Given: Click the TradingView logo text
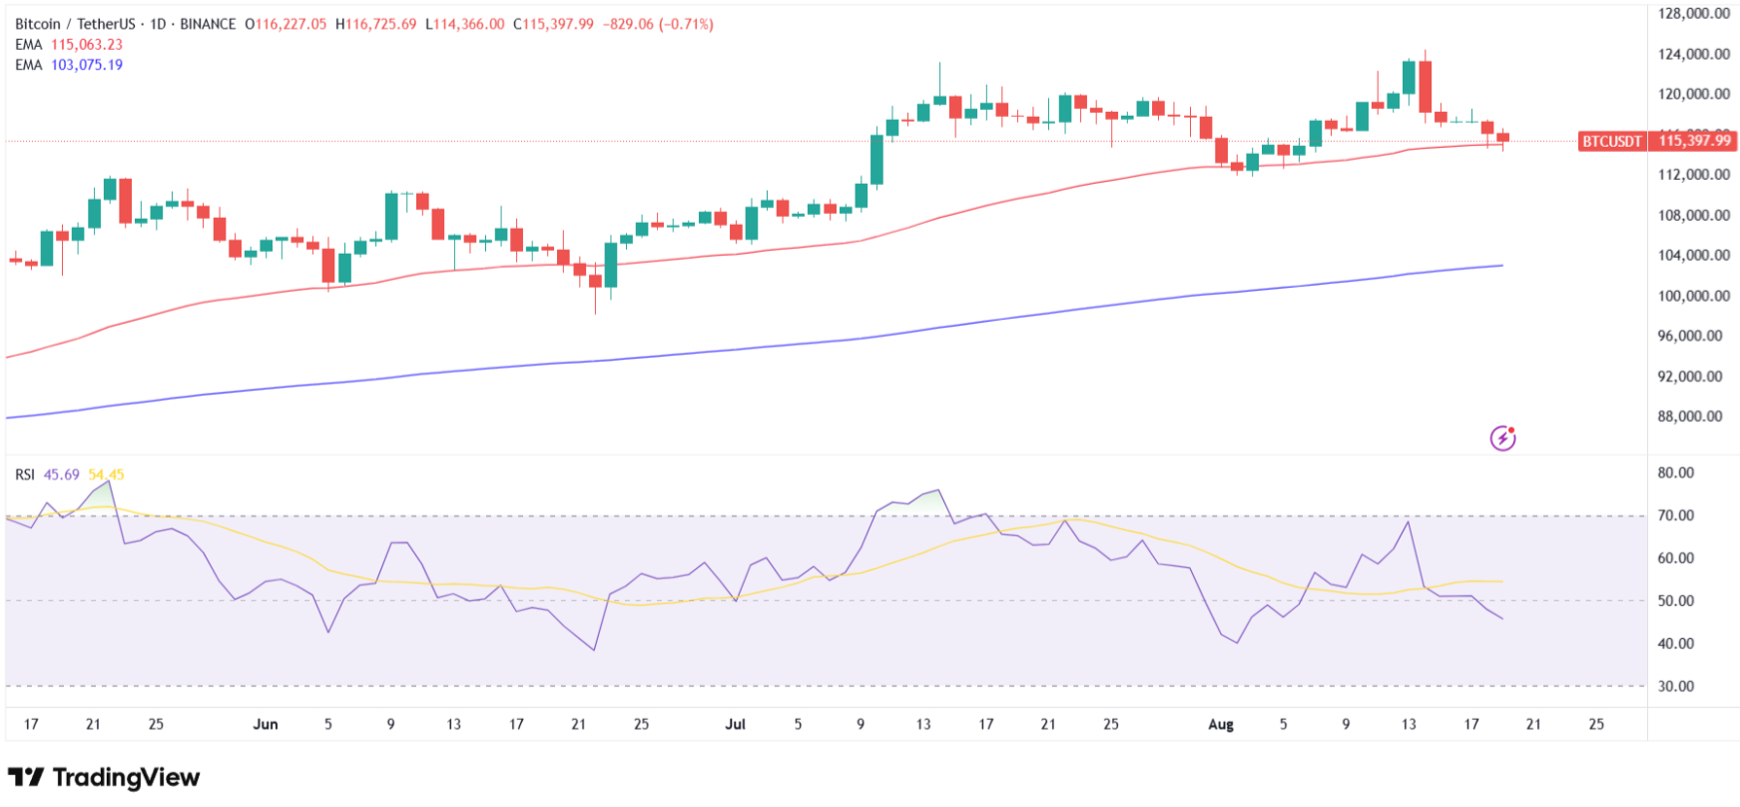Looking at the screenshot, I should [x=126, y=777].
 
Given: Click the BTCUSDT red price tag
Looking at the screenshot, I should [x=1610, y=142].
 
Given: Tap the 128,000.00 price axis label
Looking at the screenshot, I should [x=1694, y=14].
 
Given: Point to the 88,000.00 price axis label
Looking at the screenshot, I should [x=1690, y=416].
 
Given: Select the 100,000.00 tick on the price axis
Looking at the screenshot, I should [x=1694, y=296].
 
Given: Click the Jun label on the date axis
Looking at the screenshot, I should [x=266, y=724].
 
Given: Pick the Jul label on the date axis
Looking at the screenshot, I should [x=735, y=724].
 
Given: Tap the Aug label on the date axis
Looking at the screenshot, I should [x=1221, y=724].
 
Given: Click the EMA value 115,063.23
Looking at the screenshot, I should [x=87, y=45].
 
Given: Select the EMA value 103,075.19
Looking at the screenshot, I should [x=87, y=65].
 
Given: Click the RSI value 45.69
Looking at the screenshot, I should [x=61, y=474].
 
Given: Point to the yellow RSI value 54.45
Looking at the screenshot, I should [x=106, y=474].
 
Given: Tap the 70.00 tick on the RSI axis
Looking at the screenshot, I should [x=1676, y=515].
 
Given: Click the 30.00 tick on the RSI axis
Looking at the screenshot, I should [x=1676, y=686].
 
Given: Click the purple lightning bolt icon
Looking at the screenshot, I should [x=1502, y=437].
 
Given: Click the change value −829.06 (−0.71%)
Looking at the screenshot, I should [x=658, y=24].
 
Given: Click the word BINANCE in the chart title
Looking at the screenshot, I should [x=208, y=24].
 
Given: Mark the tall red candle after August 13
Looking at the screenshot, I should [x=1425, y=87].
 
